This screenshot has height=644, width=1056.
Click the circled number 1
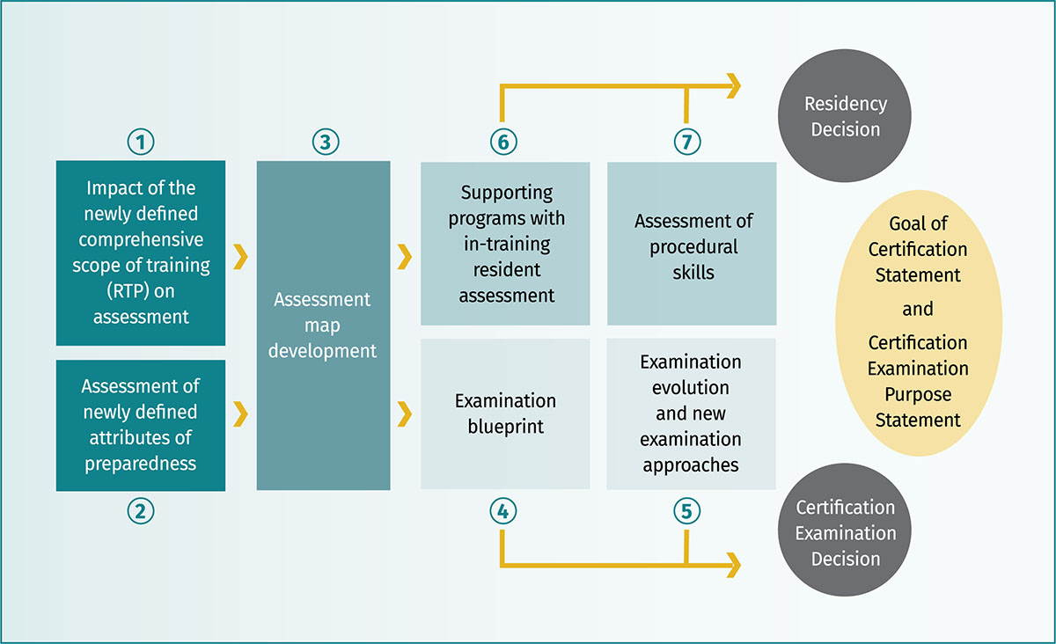141,142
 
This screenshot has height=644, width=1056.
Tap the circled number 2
141,511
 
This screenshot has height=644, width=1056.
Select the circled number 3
326,142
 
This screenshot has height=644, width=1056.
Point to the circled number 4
503,511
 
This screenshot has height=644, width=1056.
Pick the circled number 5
687,511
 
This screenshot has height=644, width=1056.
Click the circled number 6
503,142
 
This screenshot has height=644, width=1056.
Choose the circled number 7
687,142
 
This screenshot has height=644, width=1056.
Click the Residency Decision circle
845,116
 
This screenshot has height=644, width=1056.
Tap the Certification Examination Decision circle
845,530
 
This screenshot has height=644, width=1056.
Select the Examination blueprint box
505,413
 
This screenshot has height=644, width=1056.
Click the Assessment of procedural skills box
692,244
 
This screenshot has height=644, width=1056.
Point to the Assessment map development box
324,326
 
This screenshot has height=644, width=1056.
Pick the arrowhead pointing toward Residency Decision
734,86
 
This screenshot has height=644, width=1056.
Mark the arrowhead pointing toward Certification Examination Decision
734,565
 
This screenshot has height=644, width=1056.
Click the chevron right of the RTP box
240,257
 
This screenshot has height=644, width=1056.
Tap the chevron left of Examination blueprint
405,413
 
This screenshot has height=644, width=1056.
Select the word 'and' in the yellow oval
918,310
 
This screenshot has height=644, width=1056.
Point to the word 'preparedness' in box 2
141,464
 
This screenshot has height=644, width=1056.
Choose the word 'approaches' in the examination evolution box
691,465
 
